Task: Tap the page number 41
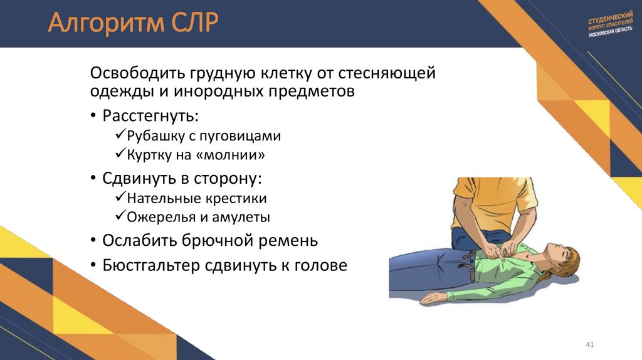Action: click(589, 346)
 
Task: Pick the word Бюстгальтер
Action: click(151, 265)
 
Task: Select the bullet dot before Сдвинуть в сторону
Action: click(93, 178)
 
